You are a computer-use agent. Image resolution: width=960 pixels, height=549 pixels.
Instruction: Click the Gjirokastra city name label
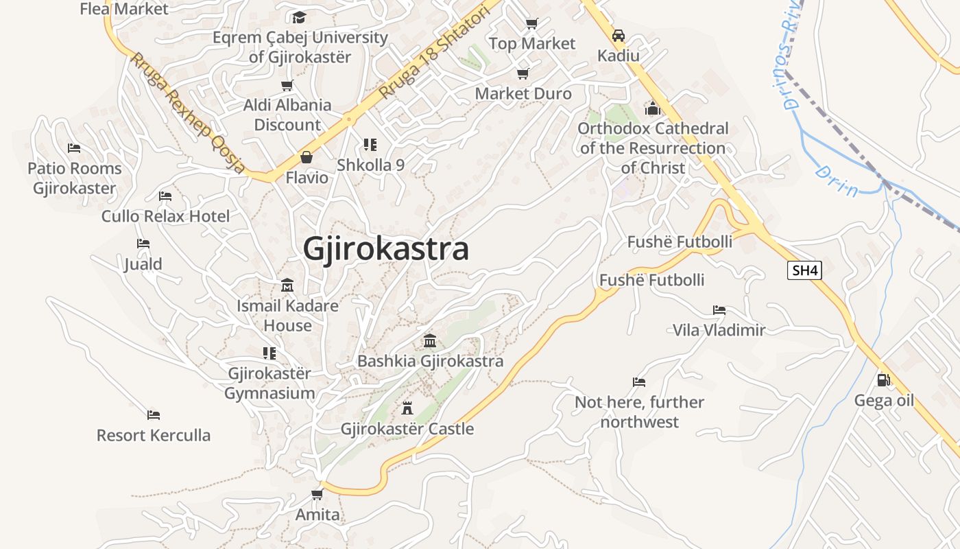tap(386, 248)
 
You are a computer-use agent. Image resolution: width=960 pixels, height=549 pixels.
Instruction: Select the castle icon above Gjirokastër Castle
tap(407, 408)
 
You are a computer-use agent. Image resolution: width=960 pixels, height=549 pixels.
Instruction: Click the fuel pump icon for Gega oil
tap(884, 379)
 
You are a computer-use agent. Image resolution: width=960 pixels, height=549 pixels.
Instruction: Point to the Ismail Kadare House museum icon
tap(287, 285)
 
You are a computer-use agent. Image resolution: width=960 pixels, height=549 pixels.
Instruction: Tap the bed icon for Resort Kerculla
tap(154, 414)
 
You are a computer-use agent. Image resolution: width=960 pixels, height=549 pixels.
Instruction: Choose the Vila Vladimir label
tap(719, 330)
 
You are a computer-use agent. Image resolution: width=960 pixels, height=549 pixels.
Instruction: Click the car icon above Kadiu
tap(618, 35)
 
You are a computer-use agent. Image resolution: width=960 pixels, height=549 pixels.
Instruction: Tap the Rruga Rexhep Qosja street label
tap(187, 113)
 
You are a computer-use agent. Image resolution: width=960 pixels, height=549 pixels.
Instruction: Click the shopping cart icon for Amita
tap(317, 494)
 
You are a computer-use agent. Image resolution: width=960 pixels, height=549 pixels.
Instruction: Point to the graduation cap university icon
tap(299, 17)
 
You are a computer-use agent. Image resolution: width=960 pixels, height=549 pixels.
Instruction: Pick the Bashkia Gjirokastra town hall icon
tap(430, 340)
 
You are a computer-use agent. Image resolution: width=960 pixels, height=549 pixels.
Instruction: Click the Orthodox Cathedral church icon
tap(652, 108)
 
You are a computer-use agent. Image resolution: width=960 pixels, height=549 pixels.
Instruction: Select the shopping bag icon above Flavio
tap(307, 157)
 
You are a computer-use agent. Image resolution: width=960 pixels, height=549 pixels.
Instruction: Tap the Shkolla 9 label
tap(370, 165)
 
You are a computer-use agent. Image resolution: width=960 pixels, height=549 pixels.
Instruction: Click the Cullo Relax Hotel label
tap(165, 216)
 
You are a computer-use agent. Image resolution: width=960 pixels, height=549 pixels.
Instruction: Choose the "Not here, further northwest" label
tap(639, 412)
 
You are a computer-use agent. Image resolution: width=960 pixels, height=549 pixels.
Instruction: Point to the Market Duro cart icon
tap(523, 73)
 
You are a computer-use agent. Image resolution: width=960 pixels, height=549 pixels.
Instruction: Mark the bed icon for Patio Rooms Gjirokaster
tap(74, 148)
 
